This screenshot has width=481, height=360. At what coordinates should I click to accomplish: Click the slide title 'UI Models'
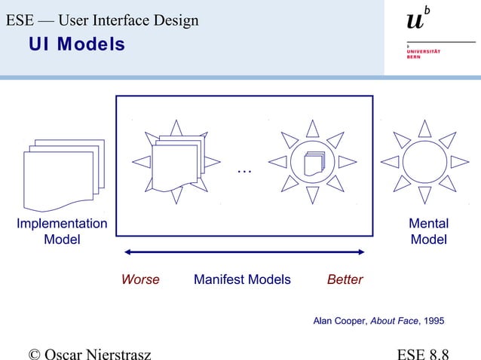(77, 45)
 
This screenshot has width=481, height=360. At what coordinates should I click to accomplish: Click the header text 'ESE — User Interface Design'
(103, 20)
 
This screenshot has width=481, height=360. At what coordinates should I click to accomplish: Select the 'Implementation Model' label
(62, 231)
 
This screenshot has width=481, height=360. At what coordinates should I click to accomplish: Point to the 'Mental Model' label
(428, 231)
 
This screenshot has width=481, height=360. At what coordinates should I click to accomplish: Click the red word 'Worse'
(140, 279)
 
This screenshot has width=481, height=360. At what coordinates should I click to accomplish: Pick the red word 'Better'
(345, 279)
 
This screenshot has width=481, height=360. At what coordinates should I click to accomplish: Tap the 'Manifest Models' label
(242, 279)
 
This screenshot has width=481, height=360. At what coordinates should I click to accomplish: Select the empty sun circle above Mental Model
(424, 162)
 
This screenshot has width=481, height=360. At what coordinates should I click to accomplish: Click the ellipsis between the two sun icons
(244, 170)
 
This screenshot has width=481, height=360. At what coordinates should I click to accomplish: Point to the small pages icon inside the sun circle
(312, 163)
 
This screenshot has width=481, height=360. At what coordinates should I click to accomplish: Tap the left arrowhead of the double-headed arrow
(128, 252)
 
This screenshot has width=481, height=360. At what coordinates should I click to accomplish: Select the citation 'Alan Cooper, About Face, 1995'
(378, 321)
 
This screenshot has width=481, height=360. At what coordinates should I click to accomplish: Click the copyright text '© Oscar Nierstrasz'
(89, 352)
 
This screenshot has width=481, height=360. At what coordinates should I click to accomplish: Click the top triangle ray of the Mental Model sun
(424, 129)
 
